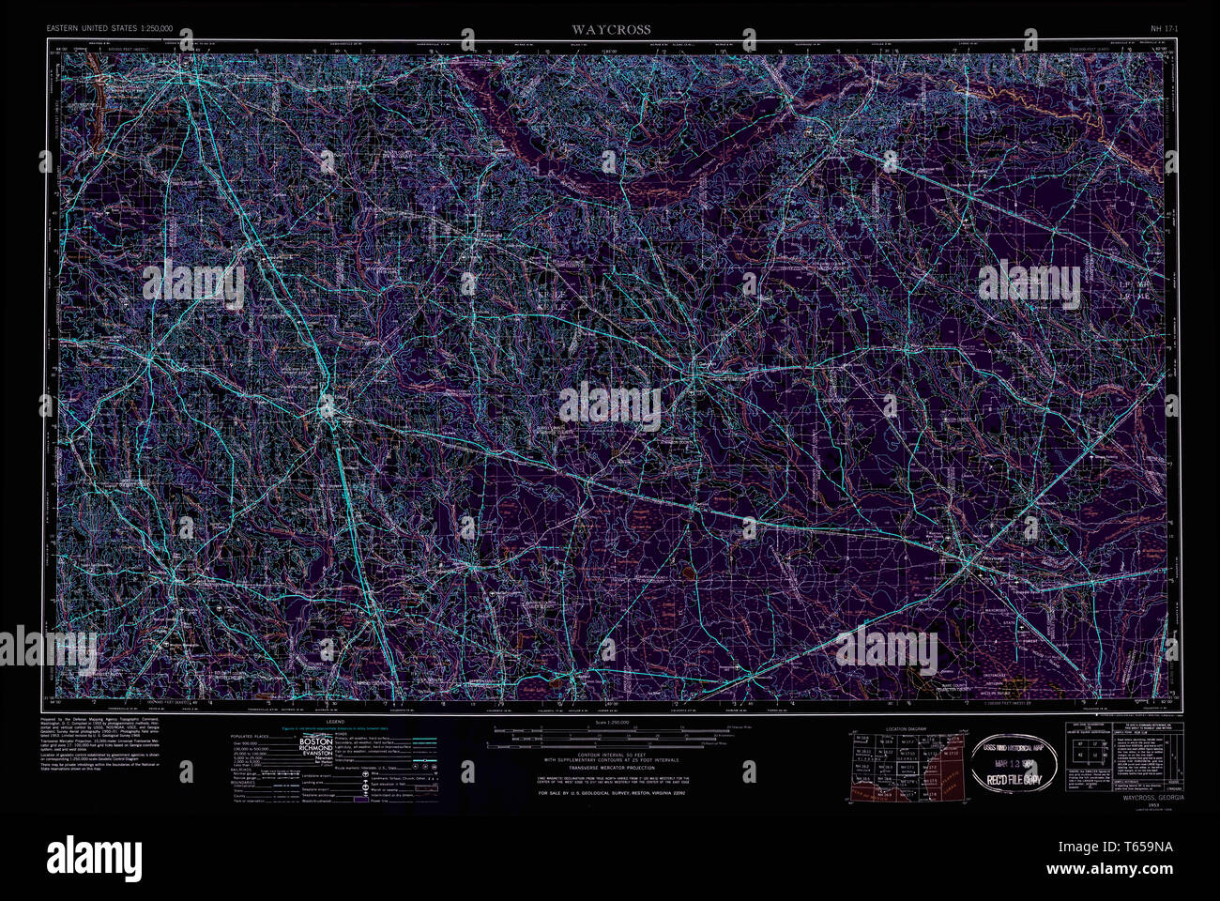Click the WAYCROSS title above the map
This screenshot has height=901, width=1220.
(611, 30)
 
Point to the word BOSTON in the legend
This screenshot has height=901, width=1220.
(314, 741)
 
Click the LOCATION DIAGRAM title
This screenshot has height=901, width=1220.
(906, 728)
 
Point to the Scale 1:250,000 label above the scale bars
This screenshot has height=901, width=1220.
(611, 723)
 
